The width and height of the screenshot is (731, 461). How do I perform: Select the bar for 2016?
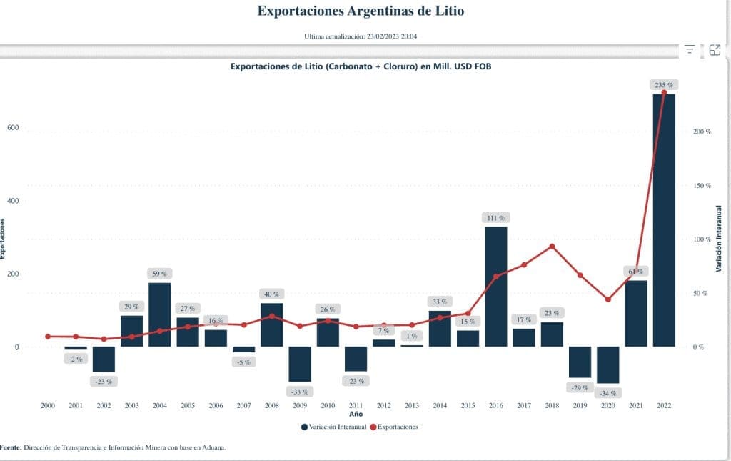(496, 286)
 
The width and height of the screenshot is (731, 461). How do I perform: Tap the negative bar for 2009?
(300, 364)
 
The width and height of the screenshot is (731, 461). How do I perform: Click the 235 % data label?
(664, 85)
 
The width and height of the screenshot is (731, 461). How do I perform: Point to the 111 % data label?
(496, 217)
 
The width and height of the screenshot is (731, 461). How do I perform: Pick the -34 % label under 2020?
(608, 393)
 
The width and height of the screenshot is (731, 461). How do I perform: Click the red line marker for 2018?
(552, 247)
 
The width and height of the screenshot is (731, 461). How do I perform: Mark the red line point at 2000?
(48, 337)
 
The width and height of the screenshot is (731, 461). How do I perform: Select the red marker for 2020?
(608, 299)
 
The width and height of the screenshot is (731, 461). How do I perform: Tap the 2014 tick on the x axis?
(440, 405)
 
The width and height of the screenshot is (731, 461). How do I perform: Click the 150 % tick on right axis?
(702, 186)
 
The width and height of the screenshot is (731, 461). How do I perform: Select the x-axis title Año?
(356, 414)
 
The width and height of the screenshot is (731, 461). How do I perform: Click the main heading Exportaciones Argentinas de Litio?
(361, 11)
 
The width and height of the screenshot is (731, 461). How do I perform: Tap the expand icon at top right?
(715, 49)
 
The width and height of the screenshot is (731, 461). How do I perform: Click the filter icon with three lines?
(690, 49)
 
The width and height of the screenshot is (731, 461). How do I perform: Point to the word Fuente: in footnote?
(10, 448)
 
